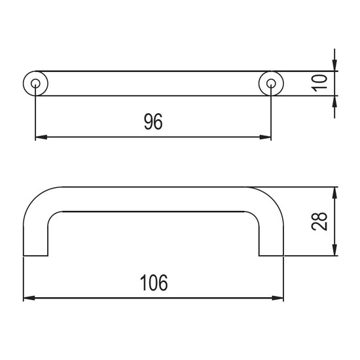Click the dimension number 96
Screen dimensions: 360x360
click(x=153, y=121)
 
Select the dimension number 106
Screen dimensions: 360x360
click(x=154, y=283)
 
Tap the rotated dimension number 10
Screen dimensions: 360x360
click(x=319, y=83)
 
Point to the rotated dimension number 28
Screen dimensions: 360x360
click(x=319, y=221)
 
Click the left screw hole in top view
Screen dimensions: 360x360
click(x=35, y=83)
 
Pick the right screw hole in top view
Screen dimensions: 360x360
click(x=271, y=83)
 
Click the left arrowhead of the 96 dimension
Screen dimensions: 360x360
click(x=41, y=137)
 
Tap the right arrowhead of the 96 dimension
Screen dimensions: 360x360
click(x=265, y=137)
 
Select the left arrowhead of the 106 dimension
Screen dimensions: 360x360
click(x=29, y=298)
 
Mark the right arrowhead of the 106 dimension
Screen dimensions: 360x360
click(x=278, y=298)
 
